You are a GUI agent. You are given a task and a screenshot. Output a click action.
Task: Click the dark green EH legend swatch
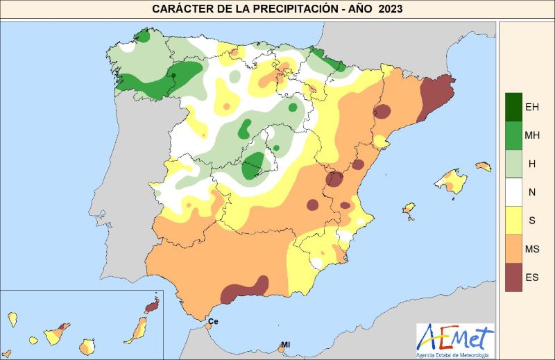pyautogui.click(x=514, y=106)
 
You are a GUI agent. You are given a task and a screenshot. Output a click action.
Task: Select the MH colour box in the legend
pyautogui.click(x=514, y=135)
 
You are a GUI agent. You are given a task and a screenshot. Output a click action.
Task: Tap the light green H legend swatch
pyautogui.click(x=514, y=163)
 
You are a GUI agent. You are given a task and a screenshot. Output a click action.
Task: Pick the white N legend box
pyautogui.click(x=514, y=191)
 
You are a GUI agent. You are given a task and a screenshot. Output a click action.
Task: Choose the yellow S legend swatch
pyautogui.click(x=514, y=220)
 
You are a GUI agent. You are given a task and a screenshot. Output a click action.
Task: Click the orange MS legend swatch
pyautogui.click(x=514, y=248)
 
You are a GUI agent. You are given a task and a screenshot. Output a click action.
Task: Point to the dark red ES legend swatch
pyautogui.click(x=514, y=277)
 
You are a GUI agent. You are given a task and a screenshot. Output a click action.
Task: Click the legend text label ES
pyautogui.click(x=533, y=277)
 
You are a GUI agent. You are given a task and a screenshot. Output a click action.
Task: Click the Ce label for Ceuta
pyautogui.click(x=213, y=322)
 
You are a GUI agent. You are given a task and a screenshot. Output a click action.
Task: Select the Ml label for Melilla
pyautogui.click(x=285, y=345)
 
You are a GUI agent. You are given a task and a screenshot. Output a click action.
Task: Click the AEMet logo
pyautogui.click(x=455, y=338)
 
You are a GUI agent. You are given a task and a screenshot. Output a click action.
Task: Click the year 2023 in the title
pyautogui.click(x=391, y=9)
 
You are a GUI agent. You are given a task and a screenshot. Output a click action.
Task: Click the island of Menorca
pyautogui.click(x=483, y=166)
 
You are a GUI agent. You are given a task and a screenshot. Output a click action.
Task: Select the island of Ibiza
pyautogui.click(x=409, y=209)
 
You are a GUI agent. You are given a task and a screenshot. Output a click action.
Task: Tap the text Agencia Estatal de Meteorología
pyautogui.click(x=455, y=355)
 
